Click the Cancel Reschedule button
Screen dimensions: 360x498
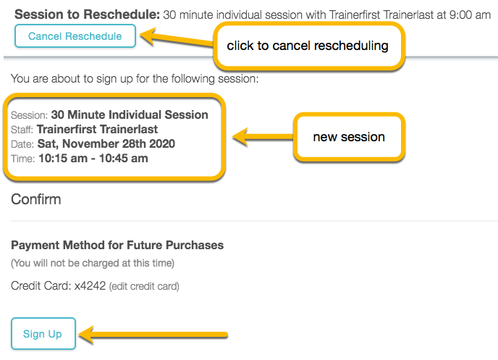pyautogui.click(x=75, y=36)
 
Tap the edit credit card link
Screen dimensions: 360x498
pyautogui.click(x=144, y=287)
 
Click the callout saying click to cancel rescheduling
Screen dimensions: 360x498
pyautogui.click(x=307, y=46)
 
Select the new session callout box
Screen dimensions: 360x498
pyautogui.click(x=348, y=137)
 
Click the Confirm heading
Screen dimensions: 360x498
pyautogui.click(x=36, y=198)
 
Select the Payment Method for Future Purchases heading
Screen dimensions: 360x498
pyautogui.click(x=117, y=245)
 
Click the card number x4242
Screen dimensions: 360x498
pyautogui.click(x=90, y=286)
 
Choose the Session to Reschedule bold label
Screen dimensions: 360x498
pyautogui.click(x=86, y=14)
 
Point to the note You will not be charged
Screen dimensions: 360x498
pyautogui.click(x=93, y=263)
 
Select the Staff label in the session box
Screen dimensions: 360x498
pyautogui.click(x=22, y=130)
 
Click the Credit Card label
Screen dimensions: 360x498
pyautogui.click(x=41, y=286)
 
